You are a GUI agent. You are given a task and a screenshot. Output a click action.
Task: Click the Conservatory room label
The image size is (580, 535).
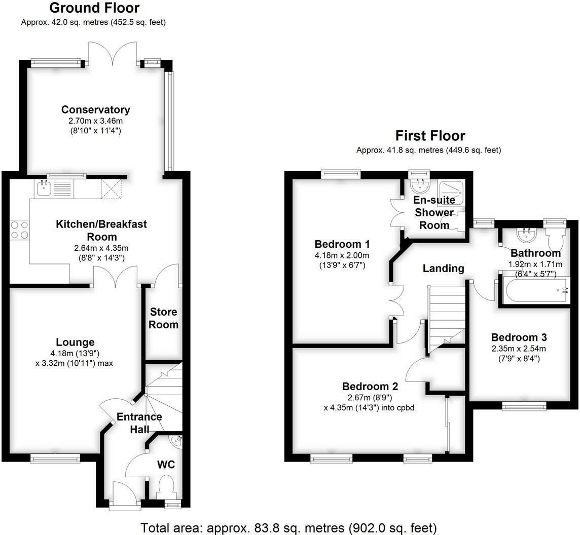[x=95, y=109]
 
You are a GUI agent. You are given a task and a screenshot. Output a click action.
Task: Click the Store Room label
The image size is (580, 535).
[x=163, y=318]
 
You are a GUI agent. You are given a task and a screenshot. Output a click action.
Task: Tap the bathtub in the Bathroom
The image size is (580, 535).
[x=536, y=290]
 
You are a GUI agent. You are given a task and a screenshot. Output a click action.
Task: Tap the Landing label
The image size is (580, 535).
[x=444, y=268]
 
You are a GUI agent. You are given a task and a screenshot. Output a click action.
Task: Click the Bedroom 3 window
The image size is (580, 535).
[x=524, y=405]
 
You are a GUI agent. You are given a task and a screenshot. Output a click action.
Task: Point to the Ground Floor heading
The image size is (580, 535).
[x=95, y=8]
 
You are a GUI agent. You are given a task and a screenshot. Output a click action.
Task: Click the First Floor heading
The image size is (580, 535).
[x=430, y=136]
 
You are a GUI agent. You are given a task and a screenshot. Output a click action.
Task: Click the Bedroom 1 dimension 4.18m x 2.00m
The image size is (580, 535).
[x=341, y=255]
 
